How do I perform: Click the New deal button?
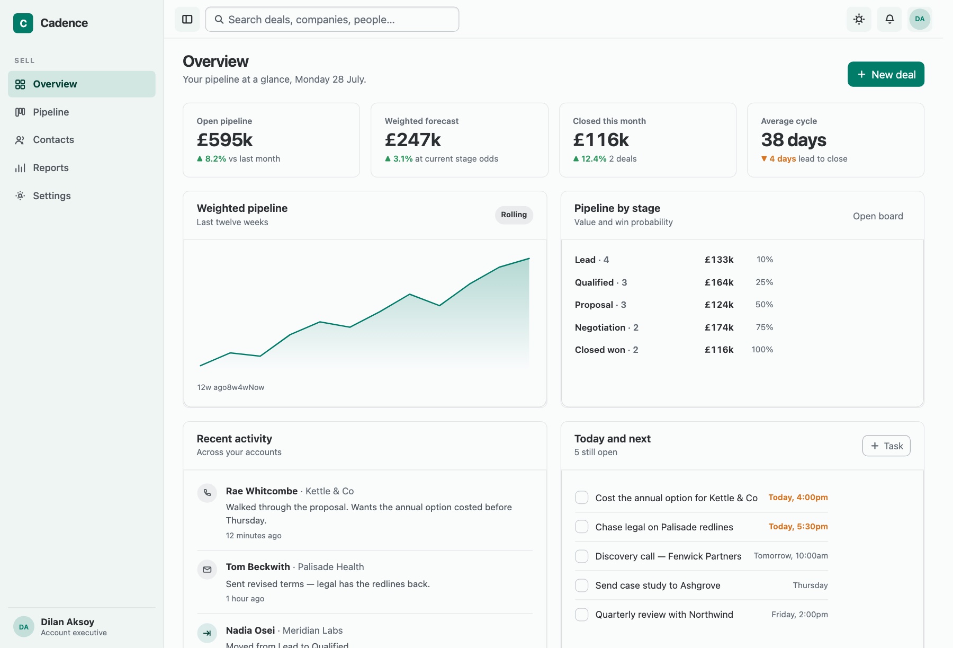[x=886, y=74]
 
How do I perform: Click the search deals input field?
[x=332, y=20]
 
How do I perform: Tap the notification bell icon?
[x=889, y=19]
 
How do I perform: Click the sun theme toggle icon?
[x=859, y=19]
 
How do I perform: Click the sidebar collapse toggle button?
[x=187, y=19]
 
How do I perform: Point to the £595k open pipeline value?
[x=224, y=140]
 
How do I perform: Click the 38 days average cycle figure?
[x=794, y=140]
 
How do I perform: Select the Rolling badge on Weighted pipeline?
[x=514, y=215]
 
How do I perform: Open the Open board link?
[x=878, y=216]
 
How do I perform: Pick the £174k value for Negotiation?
[x=719, y=327]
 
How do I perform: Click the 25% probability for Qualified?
[x=764, y=282]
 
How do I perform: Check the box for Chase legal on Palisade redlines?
[x=582, y=527]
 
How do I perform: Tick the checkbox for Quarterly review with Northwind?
[x=582, y=615]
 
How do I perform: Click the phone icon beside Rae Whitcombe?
[x=207, y=493]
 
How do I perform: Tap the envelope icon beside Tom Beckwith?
[x=207, y=570]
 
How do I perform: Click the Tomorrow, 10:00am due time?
[x=791, y=556]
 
